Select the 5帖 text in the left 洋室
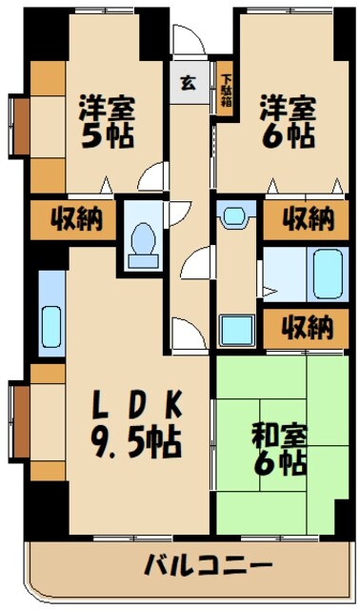[x=105, y=134]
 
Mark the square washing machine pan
[x=234, y=329]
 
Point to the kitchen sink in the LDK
[x=50, y=317]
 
